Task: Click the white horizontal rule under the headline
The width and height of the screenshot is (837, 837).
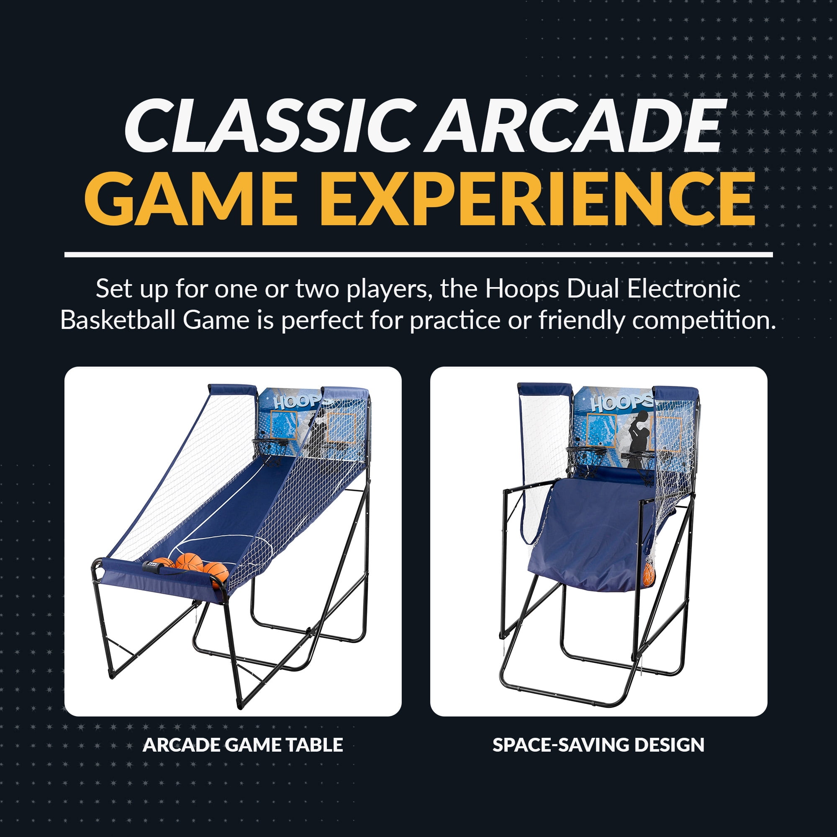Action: click(418, 255)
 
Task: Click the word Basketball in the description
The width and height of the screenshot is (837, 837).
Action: click(118, 321)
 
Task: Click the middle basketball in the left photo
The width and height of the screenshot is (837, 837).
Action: click(189, 562)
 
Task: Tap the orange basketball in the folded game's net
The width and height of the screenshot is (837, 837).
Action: click(649, 575)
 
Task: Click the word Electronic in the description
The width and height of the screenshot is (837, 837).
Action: click(683, 289)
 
